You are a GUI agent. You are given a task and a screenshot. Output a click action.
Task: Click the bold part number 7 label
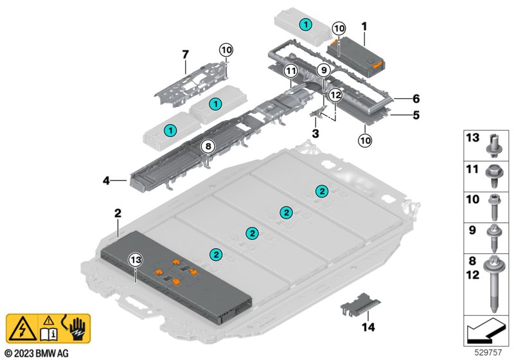click(x=186, y=55)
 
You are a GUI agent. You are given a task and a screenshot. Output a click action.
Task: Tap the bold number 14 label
click(x=368, y=327)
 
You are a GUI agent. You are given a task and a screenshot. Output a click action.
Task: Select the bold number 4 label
click(x=107, y=181)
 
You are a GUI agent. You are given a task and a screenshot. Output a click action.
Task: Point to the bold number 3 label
click(x=315, y=134)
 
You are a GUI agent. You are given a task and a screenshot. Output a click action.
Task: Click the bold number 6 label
click(x=416, y=98)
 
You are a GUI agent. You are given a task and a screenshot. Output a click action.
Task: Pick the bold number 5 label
click(x=416, y=115)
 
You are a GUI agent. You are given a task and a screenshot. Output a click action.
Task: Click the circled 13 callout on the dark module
click(x=136, y=260)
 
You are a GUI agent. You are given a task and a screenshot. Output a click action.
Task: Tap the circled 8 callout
click(x=208, y=146)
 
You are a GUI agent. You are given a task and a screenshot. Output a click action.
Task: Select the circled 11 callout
click(x=291, y=71)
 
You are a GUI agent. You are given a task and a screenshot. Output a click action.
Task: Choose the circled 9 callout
click(x=324, y=70)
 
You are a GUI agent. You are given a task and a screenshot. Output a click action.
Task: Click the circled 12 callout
click(x=335, y=95)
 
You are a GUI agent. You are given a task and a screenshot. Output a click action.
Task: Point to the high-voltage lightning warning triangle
click(x=22, y=328)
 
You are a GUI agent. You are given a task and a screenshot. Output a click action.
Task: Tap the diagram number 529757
click(x=488, y=352)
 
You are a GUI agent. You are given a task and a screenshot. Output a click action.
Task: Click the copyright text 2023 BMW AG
click(x=37, y=353)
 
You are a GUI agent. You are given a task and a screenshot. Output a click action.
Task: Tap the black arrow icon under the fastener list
click(x=486, y=331)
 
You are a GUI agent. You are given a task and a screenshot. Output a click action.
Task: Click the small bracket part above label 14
click(x=360, y=305)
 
